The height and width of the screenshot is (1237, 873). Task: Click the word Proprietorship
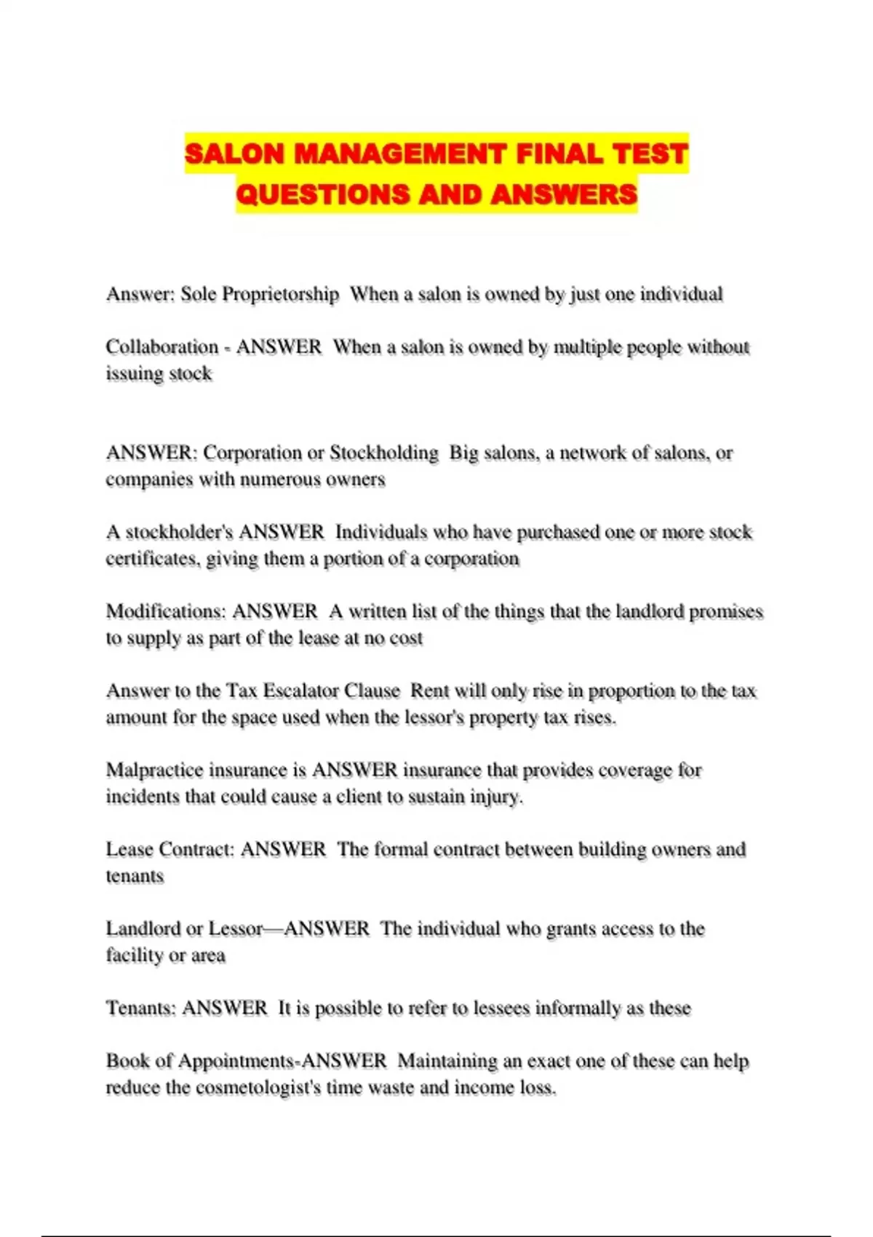click(x=280, y=295)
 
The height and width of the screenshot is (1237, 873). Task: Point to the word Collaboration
click(x=162, y=347)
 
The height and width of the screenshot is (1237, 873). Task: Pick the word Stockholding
click(x=384, y=453)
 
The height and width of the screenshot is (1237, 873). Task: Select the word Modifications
click(x=166, y=611)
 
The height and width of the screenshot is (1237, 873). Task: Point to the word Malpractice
click(x=154, y=770)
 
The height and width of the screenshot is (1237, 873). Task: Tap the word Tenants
click(x=140, y=1009)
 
